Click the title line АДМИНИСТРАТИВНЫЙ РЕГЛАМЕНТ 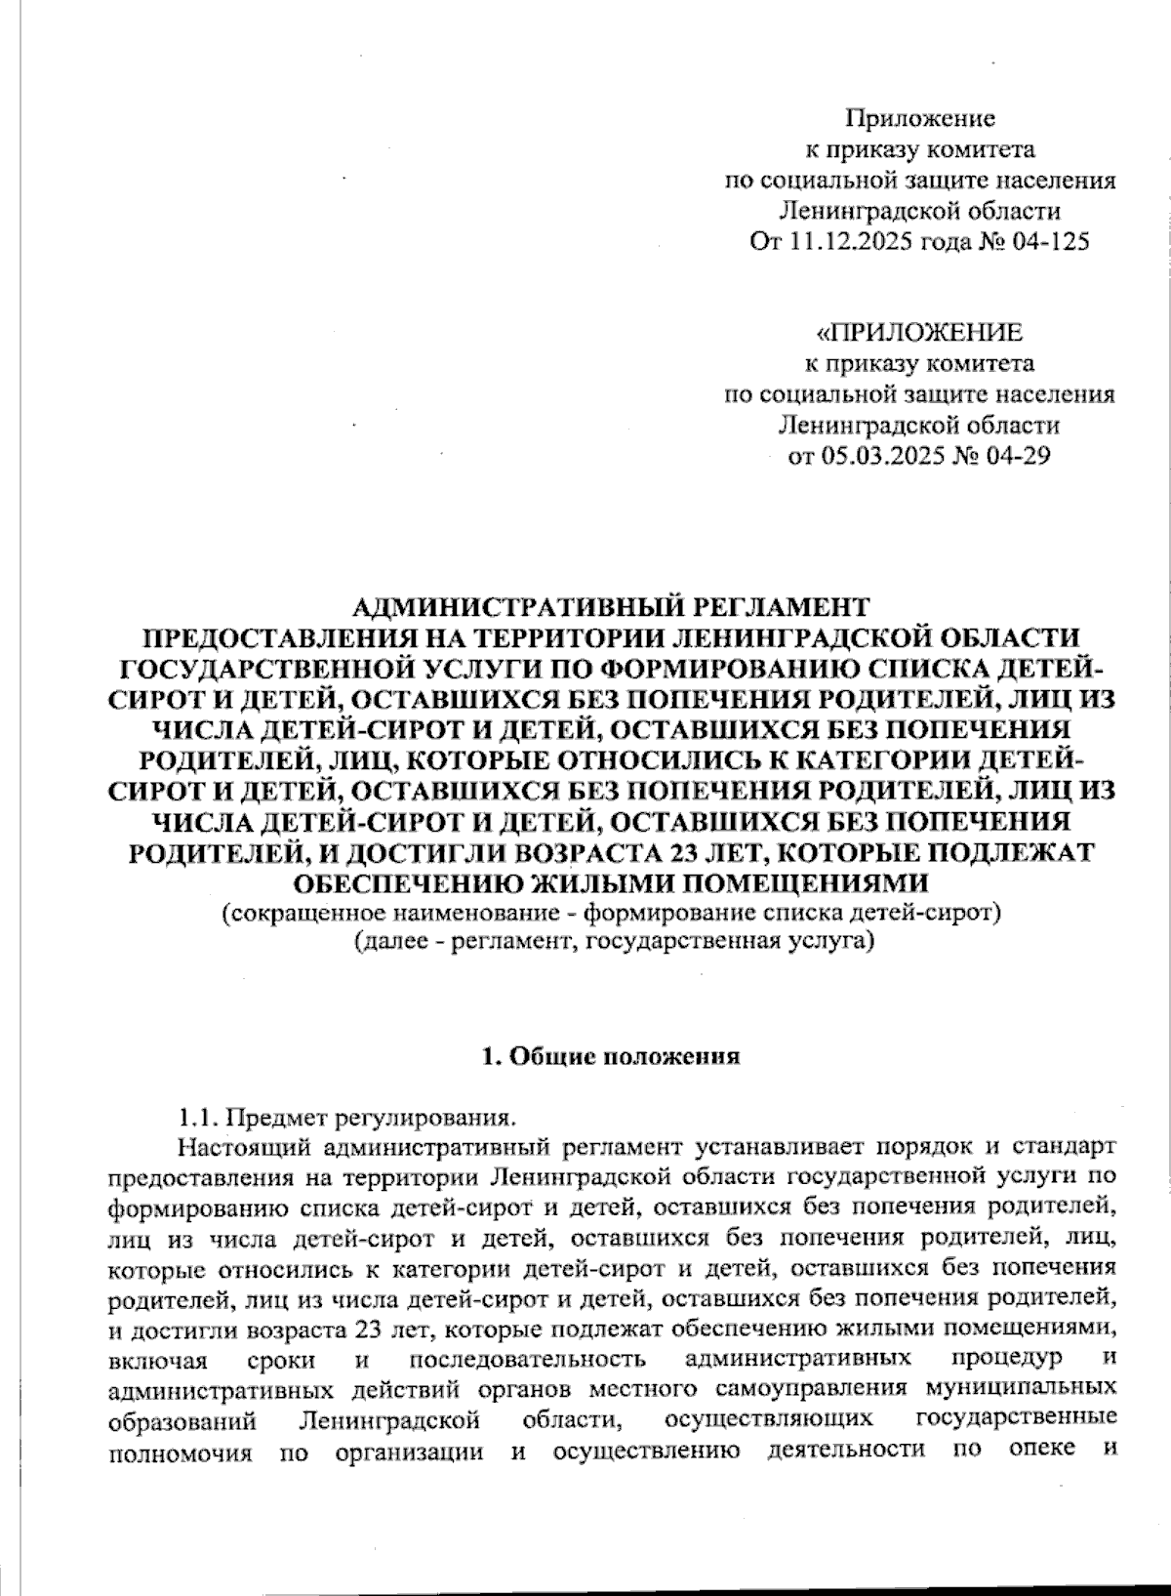(610, 608)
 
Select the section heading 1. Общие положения (611, 1057)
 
